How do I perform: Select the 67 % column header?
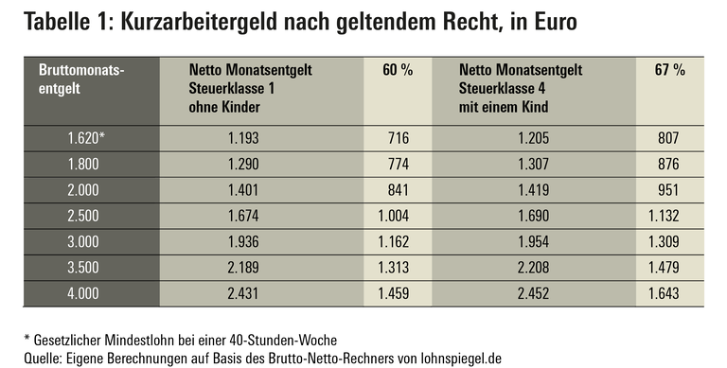coord(669,70)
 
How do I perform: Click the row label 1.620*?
coord(87,137)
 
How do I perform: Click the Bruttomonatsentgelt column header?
coord(80,79)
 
